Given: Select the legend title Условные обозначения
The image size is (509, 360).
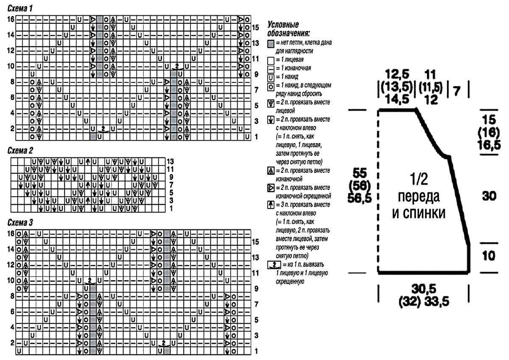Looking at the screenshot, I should click(288, 29).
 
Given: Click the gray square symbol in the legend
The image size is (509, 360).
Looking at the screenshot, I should click(271, 43).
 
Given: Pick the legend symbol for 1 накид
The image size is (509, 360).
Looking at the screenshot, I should click(271, 77).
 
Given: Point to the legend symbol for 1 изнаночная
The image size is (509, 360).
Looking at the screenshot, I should click(271, 68).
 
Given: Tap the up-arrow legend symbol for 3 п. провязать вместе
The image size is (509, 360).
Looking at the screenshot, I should click(271, 205).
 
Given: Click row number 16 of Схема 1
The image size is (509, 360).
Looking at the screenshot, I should click(11, 20).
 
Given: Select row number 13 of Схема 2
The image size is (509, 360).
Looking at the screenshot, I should click(171, 161).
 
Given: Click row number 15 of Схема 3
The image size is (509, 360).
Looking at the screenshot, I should click(255, 242).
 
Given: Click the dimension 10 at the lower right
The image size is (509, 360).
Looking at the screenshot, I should click(489, 256).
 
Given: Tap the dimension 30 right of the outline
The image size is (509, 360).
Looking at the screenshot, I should click(489, 196).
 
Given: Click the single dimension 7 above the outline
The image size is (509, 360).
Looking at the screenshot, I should click(457, 90).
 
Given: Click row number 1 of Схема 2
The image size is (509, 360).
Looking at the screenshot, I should click(171, 208).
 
